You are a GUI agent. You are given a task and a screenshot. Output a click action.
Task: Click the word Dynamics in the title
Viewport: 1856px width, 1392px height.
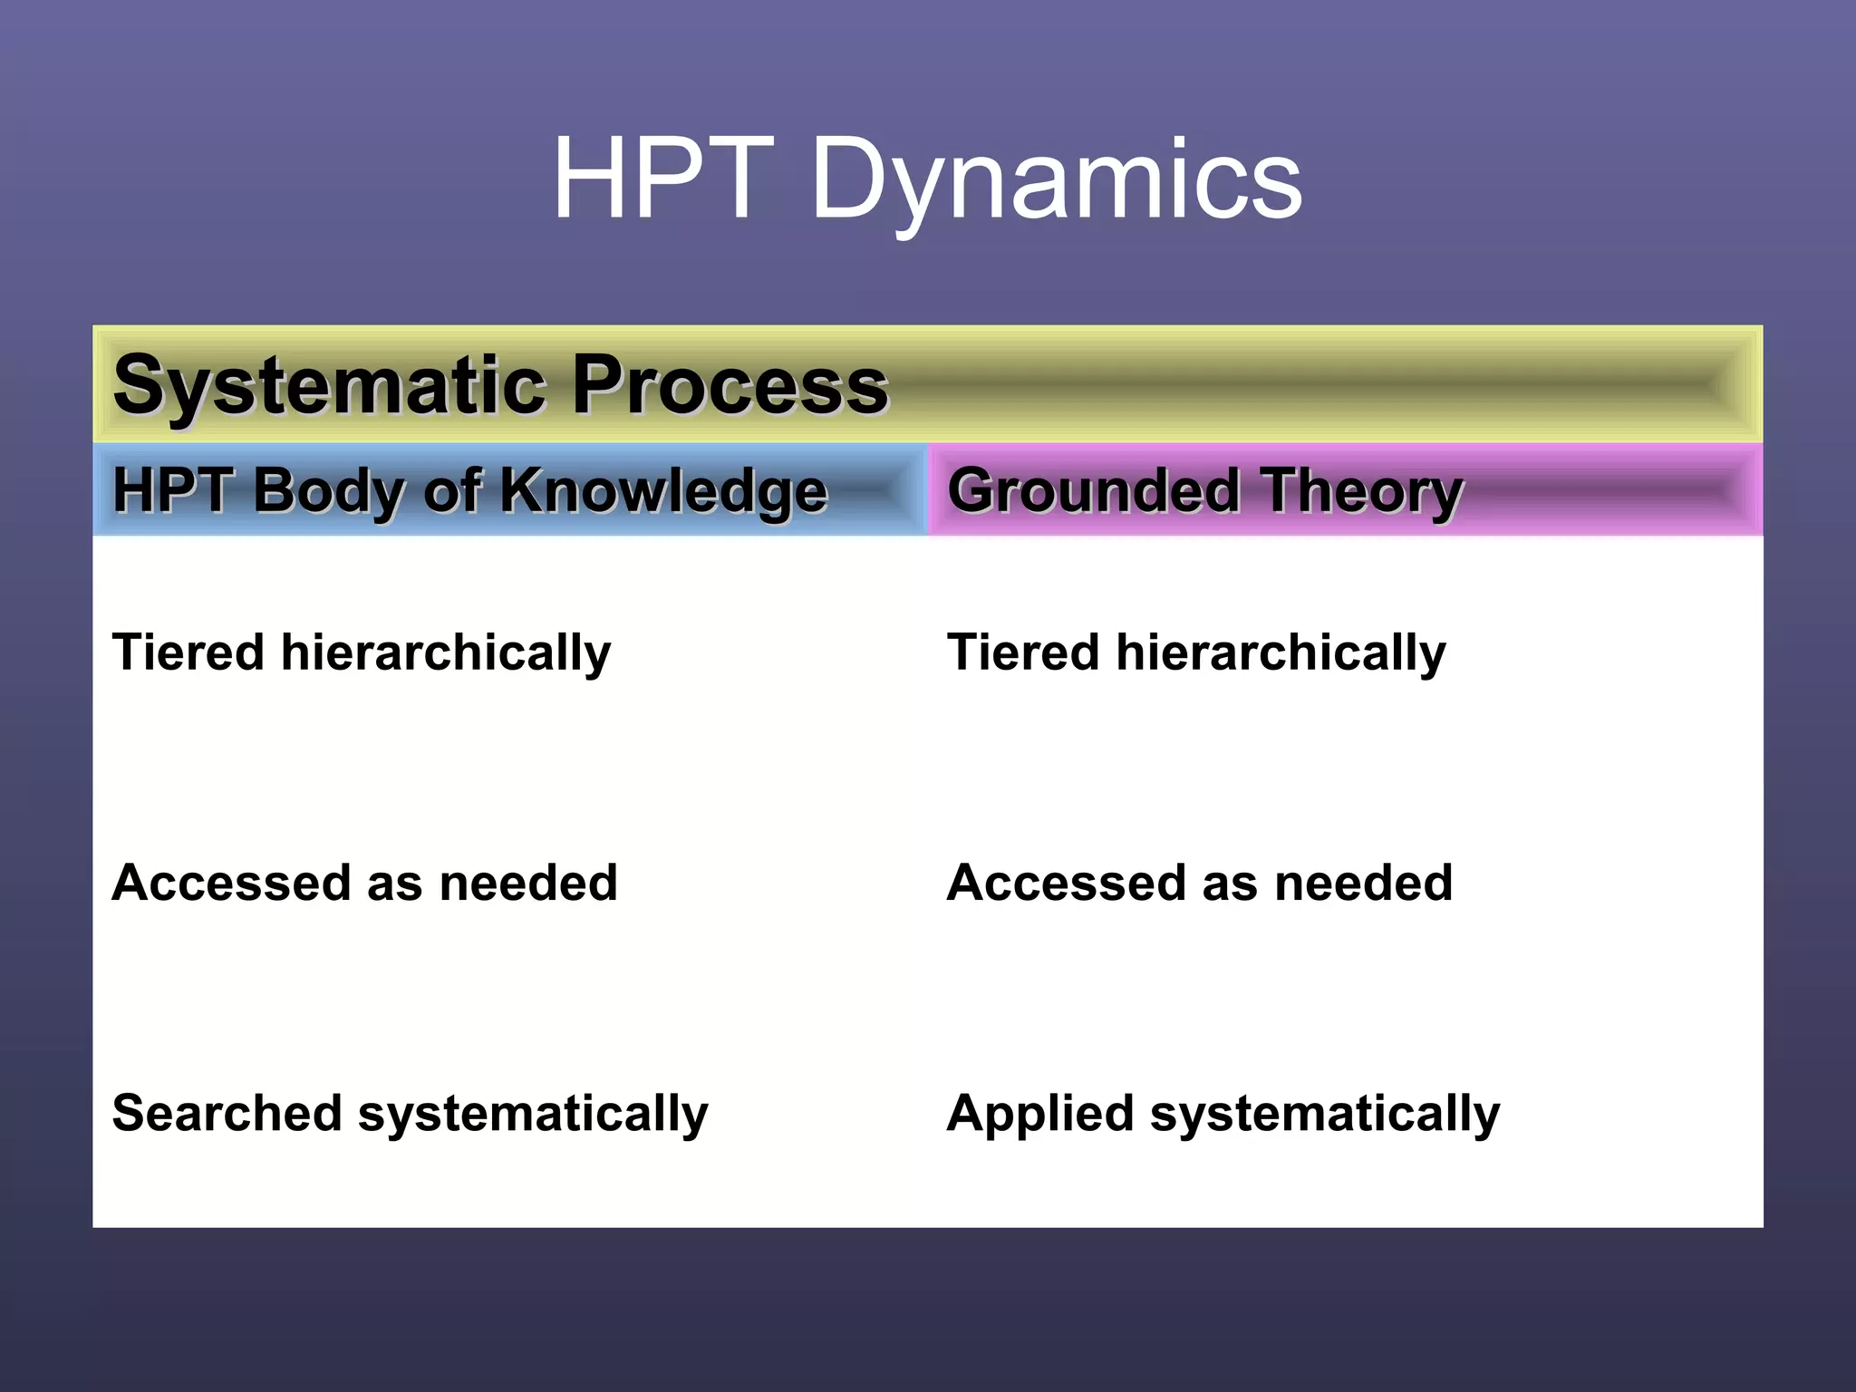tap(1056, 181)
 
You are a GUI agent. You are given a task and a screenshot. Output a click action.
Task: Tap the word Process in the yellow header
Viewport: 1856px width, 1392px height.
tap(730, 386)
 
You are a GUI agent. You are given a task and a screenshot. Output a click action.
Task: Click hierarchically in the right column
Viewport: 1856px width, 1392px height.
tap(1281, 654)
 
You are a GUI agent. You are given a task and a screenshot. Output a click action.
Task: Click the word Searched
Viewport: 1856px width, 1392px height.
tap(227, 1113)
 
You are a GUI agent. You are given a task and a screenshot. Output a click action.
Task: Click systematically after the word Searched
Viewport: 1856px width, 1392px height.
tap(533, 1115)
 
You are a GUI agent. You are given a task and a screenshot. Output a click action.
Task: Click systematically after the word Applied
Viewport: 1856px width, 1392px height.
tap(1324, 1115)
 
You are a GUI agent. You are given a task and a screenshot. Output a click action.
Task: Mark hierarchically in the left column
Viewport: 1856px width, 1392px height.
tap(446, 654)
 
